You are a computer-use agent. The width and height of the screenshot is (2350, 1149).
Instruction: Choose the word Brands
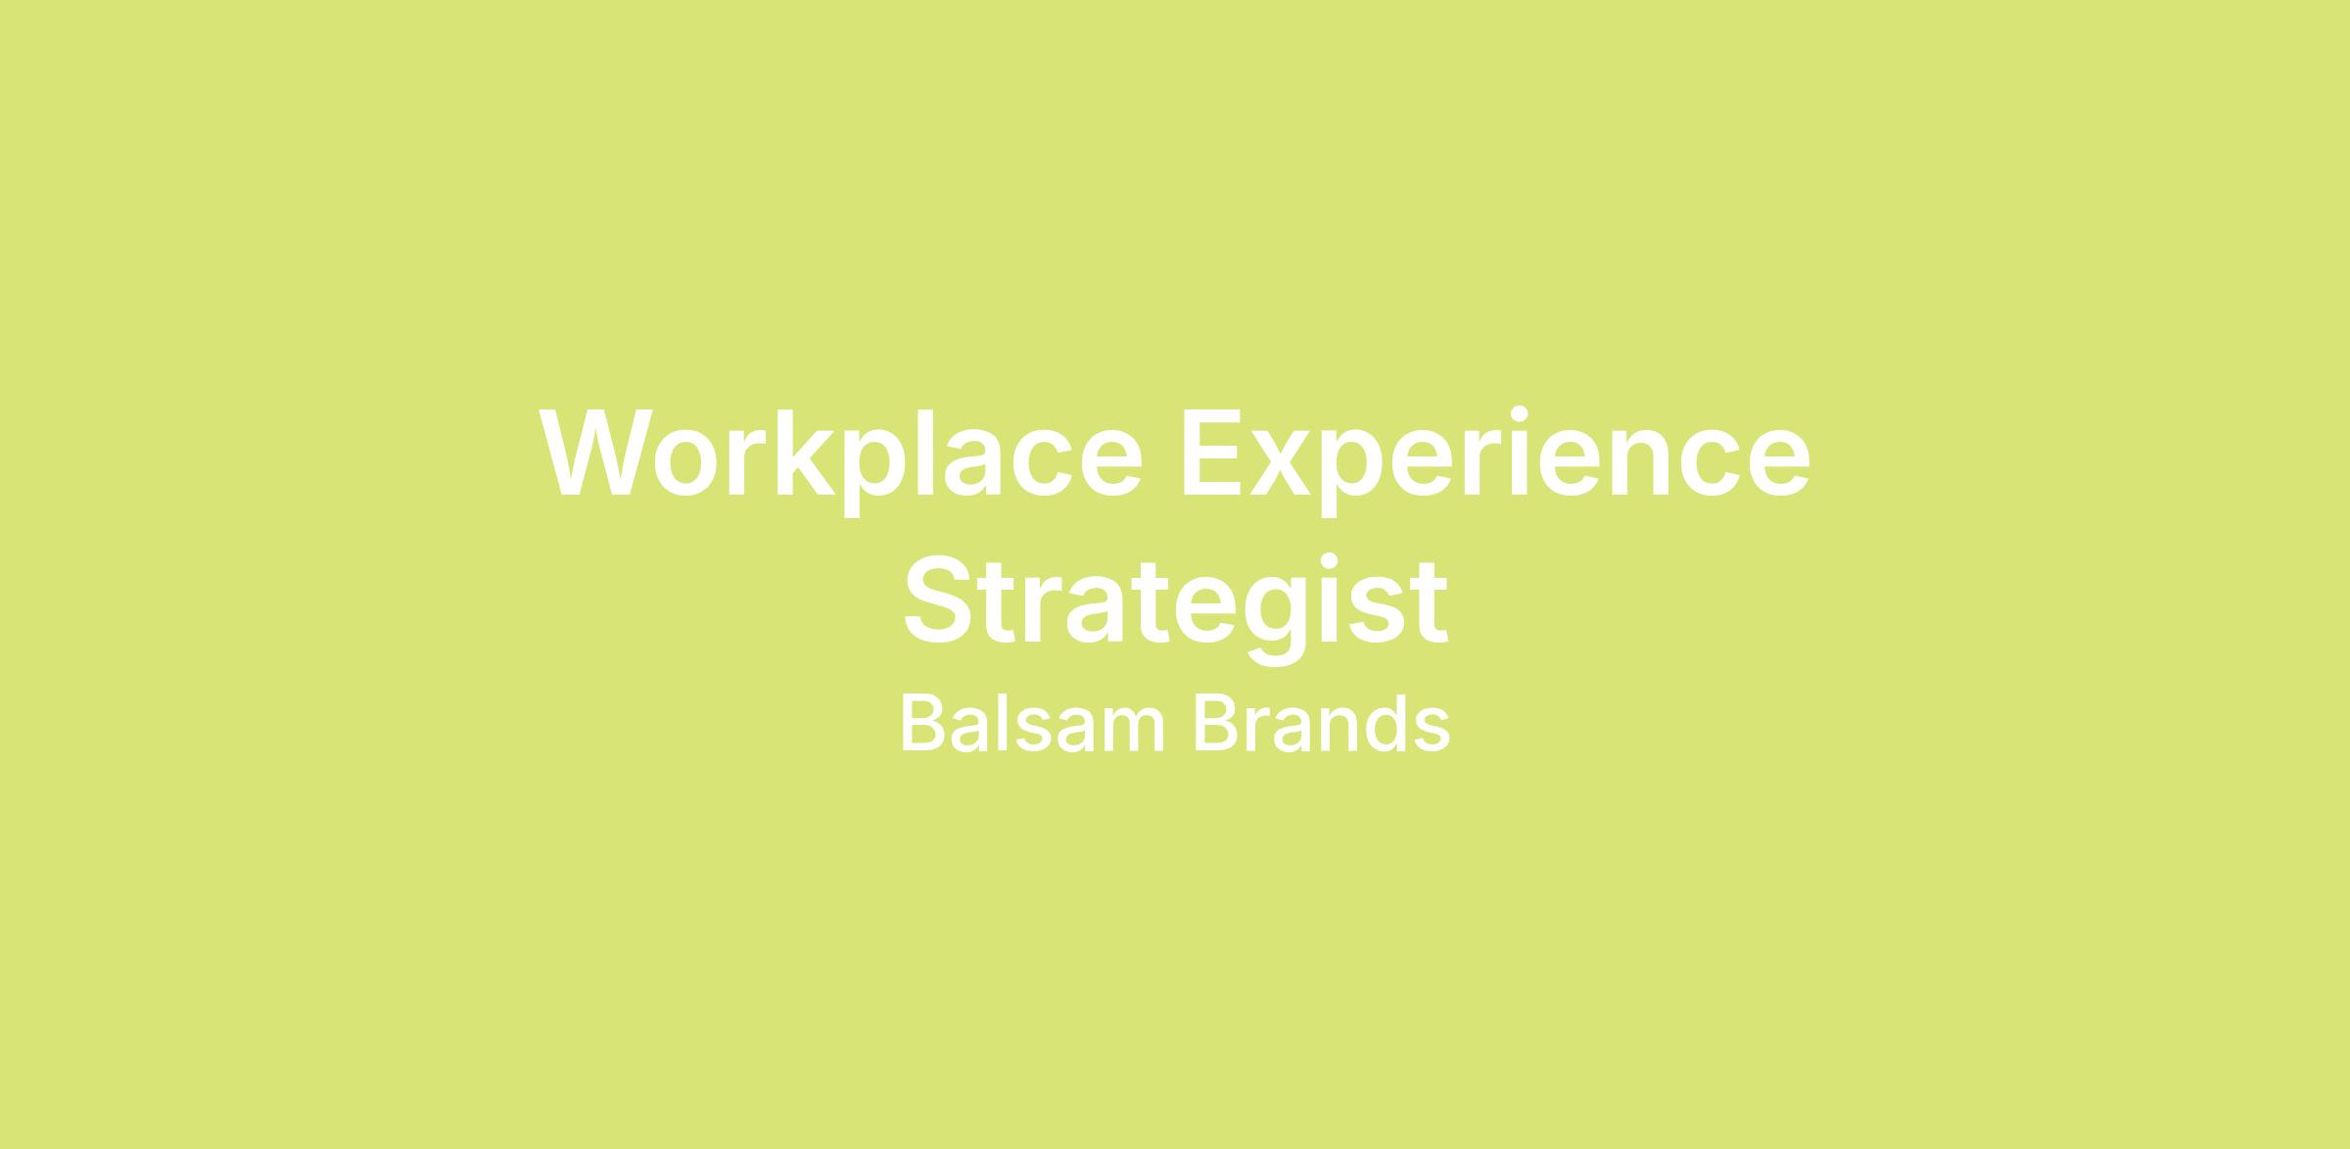[x=1322, y=724]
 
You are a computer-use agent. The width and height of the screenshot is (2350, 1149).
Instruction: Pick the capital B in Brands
[x=1215, y=724]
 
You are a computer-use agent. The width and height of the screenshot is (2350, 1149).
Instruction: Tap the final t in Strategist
[x=1429, y=605]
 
